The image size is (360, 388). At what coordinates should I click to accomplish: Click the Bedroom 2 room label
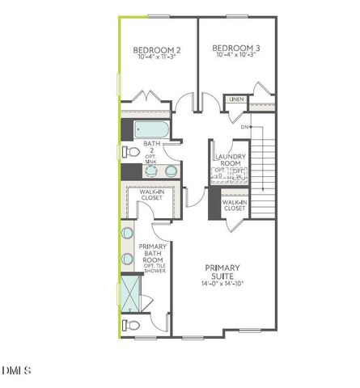point(156,50)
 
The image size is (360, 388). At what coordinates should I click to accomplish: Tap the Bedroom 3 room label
point(234,48)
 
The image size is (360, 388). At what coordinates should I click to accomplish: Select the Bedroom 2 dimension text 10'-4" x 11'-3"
point(156,58)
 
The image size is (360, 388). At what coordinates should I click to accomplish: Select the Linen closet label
point(236,99)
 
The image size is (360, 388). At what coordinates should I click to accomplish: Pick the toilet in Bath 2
point(132,150)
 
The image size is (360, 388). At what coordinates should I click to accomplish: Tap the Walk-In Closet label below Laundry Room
point(234,205)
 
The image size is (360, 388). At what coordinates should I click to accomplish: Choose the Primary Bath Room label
point(153,253)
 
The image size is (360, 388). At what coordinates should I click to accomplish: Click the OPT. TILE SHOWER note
point(153,268)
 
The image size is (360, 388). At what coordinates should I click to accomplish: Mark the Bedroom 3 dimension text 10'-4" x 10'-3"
point(234,57)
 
